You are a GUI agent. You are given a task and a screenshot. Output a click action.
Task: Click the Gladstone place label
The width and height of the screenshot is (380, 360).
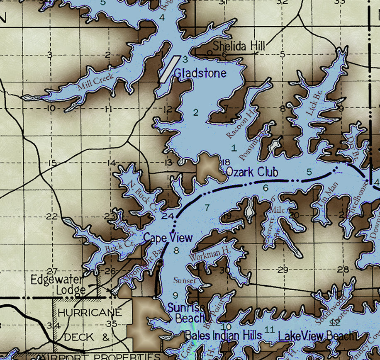tap(200, 73)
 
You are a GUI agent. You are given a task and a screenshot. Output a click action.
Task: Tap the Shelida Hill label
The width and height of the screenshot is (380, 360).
tap(239, 46)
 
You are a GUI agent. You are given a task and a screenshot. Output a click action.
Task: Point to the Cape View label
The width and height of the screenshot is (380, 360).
tap(168, 238)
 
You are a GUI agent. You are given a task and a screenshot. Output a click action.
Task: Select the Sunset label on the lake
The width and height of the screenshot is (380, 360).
tap(185, 281)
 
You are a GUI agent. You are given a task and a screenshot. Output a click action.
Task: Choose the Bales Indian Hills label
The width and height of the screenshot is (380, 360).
tap(224, 335)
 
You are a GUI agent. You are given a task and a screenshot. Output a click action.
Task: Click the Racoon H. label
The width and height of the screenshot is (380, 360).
tap(240, 124)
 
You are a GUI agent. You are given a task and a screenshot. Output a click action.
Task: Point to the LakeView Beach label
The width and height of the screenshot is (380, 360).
tap(316, 336)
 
